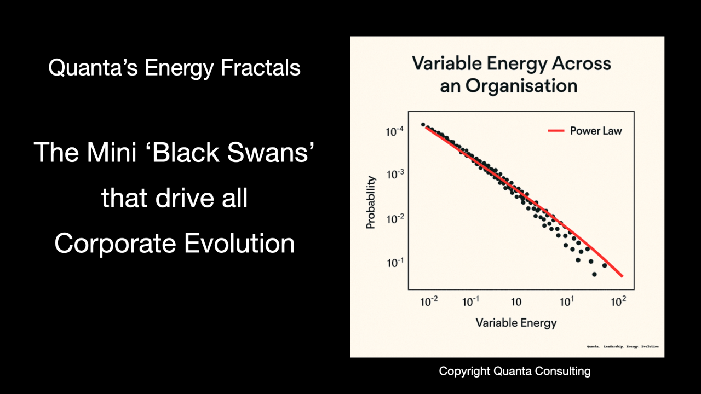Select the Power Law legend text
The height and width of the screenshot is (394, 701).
[x=596, y=131]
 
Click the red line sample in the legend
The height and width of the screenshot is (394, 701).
[x=556, y=131]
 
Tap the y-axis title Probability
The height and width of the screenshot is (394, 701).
[x=371, y=202]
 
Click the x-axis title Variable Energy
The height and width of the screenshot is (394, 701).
[x=516, y=322]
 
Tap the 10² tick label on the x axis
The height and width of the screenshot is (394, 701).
[x=618, y=301]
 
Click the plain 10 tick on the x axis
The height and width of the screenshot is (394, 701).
[x=516, y=302]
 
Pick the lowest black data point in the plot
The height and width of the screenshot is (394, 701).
[x=594, y=274]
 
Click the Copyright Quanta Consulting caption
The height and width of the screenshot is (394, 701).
[x=515, y=371]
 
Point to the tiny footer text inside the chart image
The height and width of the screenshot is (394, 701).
[x=623, y=346]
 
